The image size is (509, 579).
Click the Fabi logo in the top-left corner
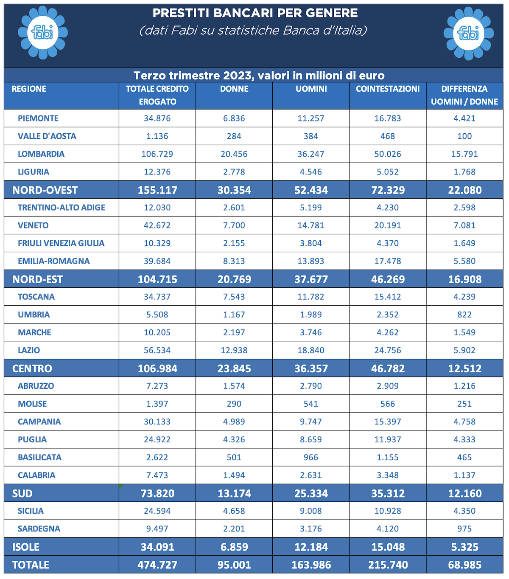tap(43, 33)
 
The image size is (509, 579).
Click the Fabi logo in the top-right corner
tap(468, 34)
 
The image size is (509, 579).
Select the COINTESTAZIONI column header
tap(388, 89)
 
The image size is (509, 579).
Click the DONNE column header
tap(234, 89)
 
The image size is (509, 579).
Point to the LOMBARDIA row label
tap(41, 154)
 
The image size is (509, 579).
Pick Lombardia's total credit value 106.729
tap(157, 154)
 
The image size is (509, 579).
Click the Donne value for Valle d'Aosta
tap(234, 136)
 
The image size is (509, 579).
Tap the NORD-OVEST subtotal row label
tap(45, 190)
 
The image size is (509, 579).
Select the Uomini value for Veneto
tap(311, 225)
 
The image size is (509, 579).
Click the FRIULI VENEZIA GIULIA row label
tap(61, 243)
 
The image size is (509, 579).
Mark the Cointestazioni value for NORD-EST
tap(388, 279)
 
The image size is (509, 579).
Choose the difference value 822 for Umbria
tap(465, 315)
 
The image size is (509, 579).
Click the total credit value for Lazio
tap(157, 350)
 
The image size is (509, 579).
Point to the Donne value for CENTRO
tap(234, 368)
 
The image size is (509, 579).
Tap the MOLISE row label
tap(32, 404)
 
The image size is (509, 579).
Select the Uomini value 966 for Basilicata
tap(311, 457)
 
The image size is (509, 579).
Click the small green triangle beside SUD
tap(121, 486)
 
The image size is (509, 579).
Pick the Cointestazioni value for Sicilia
tap(388, 511)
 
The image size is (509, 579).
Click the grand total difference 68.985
tap(465, 565)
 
